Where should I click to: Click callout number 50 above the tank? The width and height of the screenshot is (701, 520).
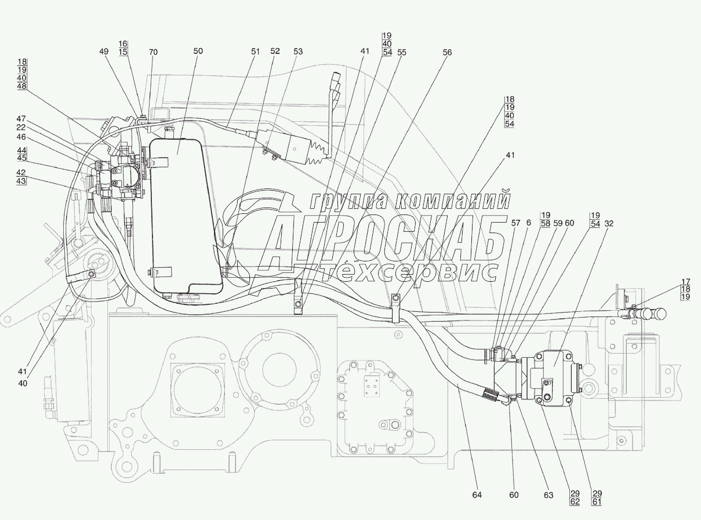pyautogui.click(x=198, y=51)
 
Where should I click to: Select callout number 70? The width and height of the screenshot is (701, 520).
pyautogui.click(x=153, y=52)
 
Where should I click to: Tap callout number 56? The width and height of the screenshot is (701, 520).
pyautogui.click(x=447, y=53)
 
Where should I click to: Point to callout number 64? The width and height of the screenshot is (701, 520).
pyautogui.click(x=477, y=495)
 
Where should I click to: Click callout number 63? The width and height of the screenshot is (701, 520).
pyautogui.click(x=549, y=495)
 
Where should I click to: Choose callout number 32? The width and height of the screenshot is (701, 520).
pyautogui.click(x=609, y=224)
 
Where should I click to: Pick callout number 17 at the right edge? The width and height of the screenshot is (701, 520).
pyautogui.click(x=686, y=281)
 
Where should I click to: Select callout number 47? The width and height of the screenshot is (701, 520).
pyautogui.click(x=21, y=119)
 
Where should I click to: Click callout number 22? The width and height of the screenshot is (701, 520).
pyautogui.click(x=21, y=128)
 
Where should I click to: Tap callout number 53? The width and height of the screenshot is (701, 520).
pyautogui.click(x=298, y=52)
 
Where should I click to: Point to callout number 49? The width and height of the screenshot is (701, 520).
pyautogui.click(x=104, y=52)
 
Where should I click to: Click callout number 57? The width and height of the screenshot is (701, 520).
pyautogui.click(x=515, y=223)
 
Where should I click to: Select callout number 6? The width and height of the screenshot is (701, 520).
pyautogui.click(x=529, y=223)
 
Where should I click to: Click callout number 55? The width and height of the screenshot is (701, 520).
pyautogui.click(x=402, y=53)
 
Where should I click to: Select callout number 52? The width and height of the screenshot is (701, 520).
pyautogui.click(x=275, y=51)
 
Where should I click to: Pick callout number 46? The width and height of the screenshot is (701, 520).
pyautogui.click(x=21, y=137)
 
